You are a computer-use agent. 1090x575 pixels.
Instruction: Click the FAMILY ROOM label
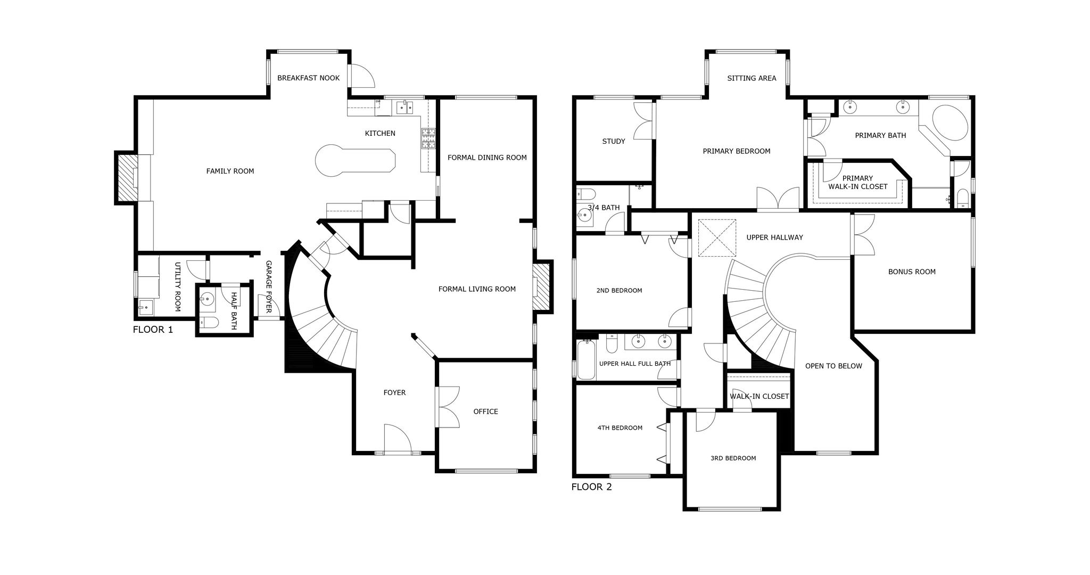[230, 171]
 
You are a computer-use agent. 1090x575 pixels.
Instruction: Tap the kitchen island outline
[355, 160]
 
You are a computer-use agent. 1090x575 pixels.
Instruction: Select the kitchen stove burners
[428, 139]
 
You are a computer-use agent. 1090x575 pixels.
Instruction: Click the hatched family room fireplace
[127, 177]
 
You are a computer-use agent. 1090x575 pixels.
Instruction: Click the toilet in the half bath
[208, 322]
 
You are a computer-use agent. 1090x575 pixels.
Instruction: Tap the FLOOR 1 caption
[153, 330]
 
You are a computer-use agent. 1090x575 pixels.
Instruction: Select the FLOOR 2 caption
[591, 487]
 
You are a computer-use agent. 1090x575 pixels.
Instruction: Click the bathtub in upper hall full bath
[586, 360]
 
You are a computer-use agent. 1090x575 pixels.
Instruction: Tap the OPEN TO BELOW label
[833, 366]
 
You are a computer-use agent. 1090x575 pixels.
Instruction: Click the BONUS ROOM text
[912, 272]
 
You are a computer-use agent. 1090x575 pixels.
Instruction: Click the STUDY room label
[614, 141]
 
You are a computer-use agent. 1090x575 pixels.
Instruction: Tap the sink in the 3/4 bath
[585, 216]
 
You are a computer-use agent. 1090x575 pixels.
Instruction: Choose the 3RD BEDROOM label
[733, 458]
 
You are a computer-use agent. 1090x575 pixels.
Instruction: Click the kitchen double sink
[404, 107]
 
